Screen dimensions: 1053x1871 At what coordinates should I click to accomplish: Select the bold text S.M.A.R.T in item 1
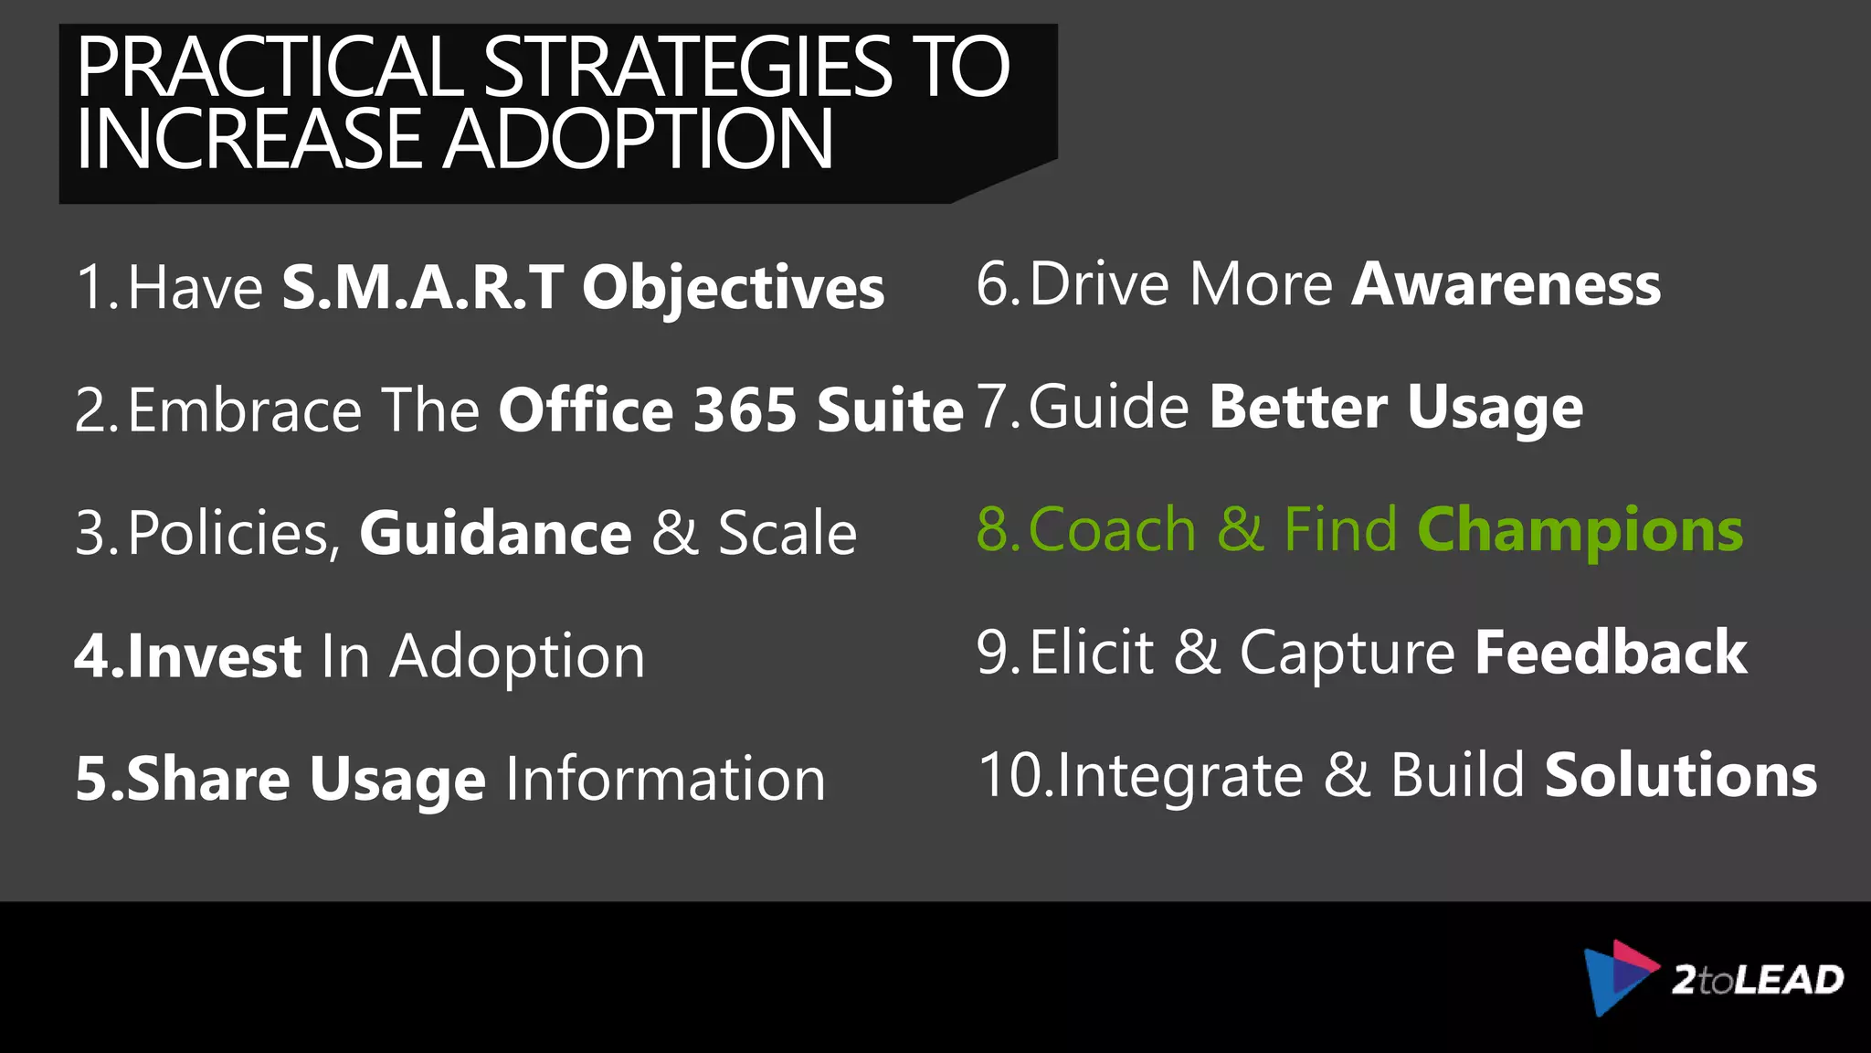click(x=423, y=287)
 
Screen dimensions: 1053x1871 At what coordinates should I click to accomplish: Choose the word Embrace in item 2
click(x=245, y=409)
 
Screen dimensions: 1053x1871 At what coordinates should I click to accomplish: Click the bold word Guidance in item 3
click(x=495, y=533)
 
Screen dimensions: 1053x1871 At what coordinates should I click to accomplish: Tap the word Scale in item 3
click(x=788, y=533)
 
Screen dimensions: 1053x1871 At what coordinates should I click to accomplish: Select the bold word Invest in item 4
click(x=215, y=656)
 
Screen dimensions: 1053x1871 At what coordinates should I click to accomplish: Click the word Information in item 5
click(x=665, y=779)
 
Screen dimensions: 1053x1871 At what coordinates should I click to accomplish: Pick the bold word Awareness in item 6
click(x=1506, y=284)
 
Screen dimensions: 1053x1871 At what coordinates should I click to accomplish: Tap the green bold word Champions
click(x=1580, y=530)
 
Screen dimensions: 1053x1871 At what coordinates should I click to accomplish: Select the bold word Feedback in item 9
click(x=1611, y=653)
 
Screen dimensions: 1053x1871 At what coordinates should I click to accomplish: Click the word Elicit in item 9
click(x=1092, y=653)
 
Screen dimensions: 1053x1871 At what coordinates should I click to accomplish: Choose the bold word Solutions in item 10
click(x=1681, y=775)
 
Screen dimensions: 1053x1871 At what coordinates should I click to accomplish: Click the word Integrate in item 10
click(x=1180, y=776)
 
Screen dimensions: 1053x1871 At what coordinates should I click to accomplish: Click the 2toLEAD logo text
click(x=1758, y=980)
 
